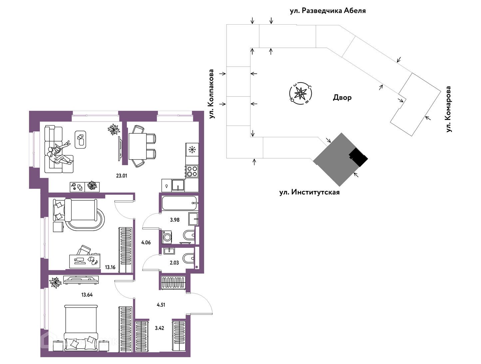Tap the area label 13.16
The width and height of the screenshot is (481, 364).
click(110, 267)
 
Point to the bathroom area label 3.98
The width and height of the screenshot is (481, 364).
click(175, 220)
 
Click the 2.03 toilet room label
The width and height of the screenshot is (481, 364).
click(174, 262)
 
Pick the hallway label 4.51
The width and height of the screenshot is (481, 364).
click(161, 304)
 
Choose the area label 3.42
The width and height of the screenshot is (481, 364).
click(160, 328)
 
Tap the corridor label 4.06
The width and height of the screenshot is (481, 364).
click(146, 242)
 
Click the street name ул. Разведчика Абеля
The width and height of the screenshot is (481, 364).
click(328, 11)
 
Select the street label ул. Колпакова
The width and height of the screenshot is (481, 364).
click(211, 94)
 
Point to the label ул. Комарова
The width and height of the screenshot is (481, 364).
click(449, 109)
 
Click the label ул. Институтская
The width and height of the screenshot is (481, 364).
click(309, 192)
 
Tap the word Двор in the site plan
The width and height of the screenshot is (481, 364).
click(342, 98)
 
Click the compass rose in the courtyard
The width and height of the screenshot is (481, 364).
click(301, 93)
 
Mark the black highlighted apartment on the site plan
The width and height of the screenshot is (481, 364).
click(358, 158)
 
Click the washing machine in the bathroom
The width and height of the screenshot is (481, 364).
click(168, 237)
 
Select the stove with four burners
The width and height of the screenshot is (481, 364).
click(192, 171)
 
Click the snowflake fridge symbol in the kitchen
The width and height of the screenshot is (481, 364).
click(192, 150)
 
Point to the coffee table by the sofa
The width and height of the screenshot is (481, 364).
click(81, 139)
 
